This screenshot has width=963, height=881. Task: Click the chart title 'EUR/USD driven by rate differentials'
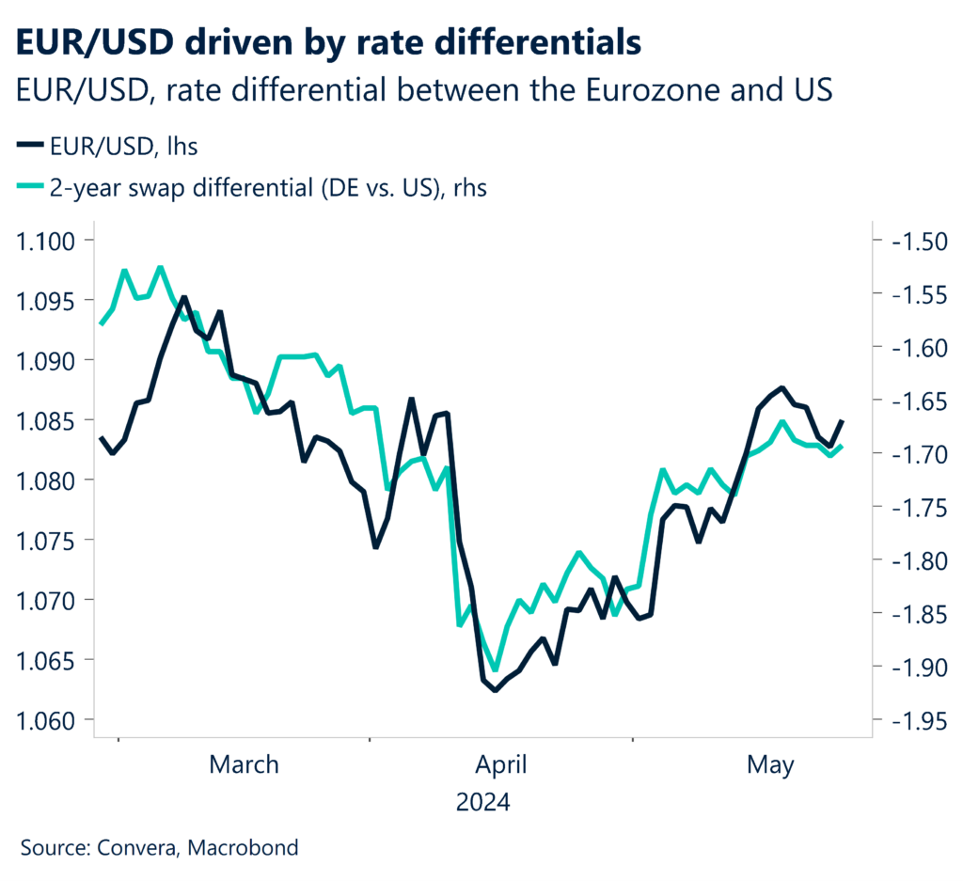click(329, 41)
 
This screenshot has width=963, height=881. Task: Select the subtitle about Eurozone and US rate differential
click(424, 91)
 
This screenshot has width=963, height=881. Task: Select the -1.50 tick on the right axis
click(913, 241)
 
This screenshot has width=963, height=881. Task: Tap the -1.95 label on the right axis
click(913, 720)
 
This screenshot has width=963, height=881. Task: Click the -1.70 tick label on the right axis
click(913, 454)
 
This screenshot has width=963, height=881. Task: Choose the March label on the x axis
click(244, 764)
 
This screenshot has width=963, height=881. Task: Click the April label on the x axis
click(500, 764)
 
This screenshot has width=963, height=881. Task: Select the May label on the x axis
click(770, 764)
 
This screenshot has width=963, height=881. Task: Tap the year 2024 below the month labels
click(482, 804)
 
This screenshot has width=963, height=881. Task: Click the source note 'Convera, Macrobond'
click(159, 847)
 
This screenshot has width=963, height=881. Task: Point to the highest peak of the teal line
click(160, 267)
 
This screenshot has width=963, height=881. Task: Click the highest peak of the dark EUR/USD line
click(183, 297)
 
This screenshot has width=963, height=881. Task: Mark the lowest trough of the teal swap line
click(495, 669)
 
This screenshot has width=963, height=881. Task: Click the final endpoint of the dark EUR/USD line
click(842, 421)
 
